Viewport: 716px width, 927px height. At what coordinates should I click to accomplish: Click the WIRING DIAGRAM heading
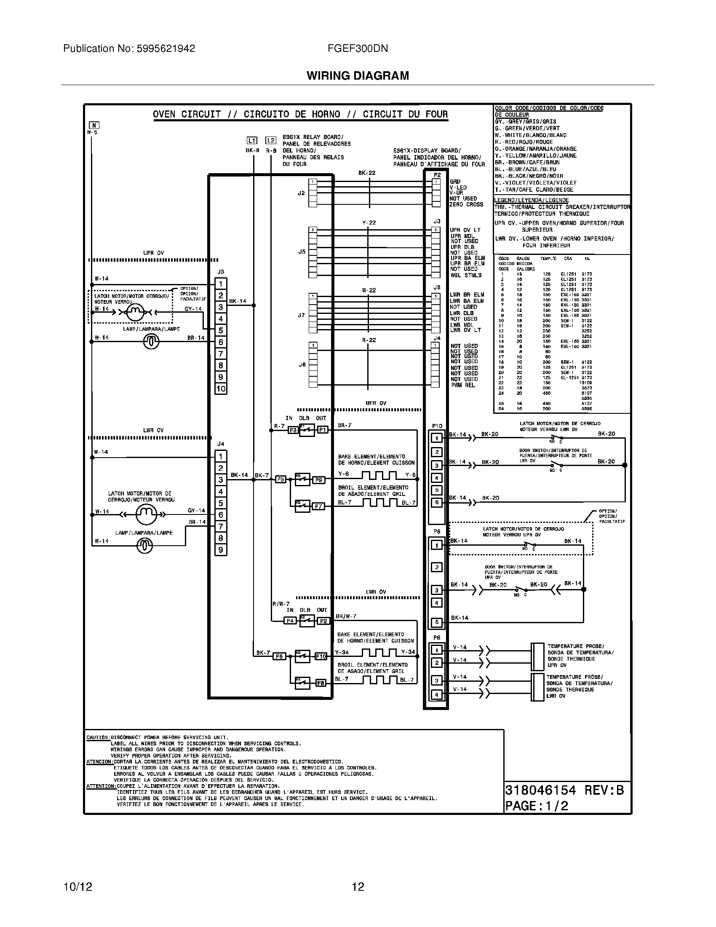358,75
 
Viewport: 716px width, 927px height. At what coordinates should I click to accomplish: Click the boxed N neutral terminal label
94,125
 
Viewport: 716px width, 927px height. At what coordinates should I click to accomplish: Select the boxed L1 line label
252,140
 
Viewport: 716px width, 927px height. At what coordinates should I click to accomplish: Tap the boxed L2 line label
271,140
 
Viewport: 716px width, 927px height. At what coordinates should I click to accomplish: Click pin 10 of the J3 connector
221,388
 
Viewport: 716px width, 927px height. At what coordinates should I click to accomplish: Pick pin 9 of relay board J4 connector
221,550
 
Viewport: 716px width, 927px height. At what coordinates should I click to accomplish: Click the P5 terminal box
281,480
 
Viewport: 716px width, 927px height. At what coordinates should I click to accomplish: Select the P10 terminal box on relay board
321,656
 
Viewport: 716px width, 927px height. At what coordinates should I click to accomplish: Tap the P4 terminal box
290,621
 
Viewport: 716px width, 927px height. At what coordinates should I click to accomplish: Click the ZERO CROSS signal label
467,205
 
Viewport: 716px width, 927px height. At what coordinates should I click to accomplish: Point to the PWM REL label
463,385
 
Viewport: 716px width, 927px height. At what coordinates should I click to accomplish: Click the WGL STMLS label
466,275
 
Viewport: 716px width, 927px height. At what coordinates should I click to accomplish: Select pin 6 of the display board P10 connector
437,502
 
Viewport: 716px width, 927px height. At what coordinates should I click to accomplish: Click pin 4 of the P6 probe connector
437,695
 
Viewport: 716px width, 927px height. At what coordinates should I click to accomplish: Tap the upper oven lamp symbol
151,341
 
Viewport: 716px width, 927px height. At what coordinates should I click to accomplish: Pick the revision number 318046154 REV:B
564,790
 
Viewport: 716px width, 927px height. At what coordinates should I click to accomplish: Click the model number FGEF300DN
358,48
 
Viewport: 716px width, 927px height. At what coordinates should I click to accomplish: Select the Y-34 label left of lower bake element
342,652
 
